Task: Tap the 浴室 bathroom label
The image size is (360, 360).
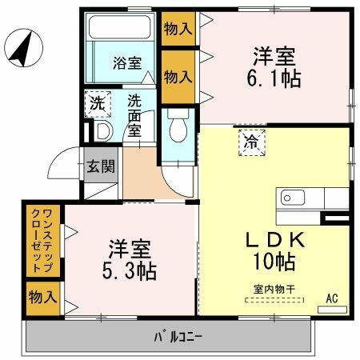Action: coord(122,61)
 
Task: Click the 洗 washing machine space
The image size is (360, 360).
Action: coord(96,103)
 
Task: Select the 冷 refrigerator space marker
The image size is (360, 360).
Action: coord(251,144)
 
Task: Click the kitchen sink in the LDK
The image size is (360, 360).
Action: coord(290,197)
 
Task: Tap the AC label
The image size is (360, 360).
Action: coord(332,298)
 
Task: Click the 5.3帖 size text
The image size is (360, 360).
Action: coord(130,270)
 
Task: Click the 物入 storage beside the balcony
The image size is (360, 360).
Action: coord(42,298)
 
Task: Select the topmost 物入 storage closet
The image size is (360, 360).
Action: coord(178,29)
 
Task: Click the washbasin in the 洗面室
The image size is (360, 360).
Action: coord(102,130)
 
